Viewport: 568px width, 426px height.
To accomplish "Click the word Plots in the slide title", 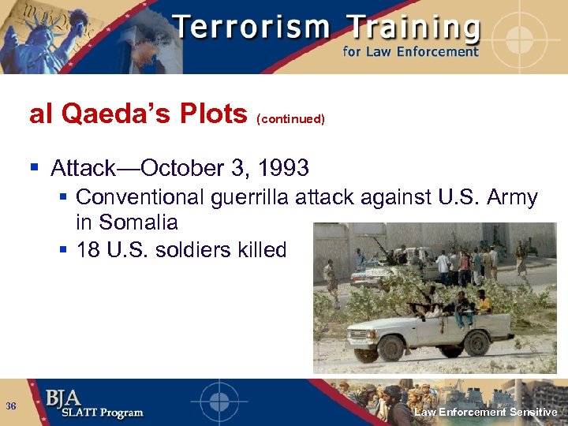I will [213, 115].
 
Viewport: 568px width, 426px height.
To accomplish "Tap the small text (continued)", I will [290, 119].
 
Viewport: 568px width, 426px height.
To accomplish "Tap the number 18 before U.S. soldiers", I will [88, 250].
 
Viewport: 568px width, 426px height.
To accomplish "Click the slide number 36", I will [11, 405].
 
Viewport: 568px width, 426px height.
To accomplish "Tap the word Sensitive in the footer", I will [533, 412].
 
